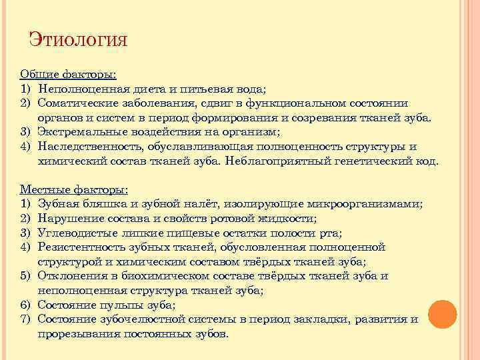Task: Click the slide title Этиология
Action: click(x=78, y=39)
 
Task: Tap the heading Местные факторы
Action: click(x=74, y=190)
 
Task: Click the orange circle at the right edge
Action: click(x=442, y=314)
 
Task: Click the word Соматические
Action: click(x=81, y=103)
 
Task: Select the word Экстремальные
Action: click(x=85, y=132)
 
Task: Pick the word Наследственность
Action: click(x=89, y=147)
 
